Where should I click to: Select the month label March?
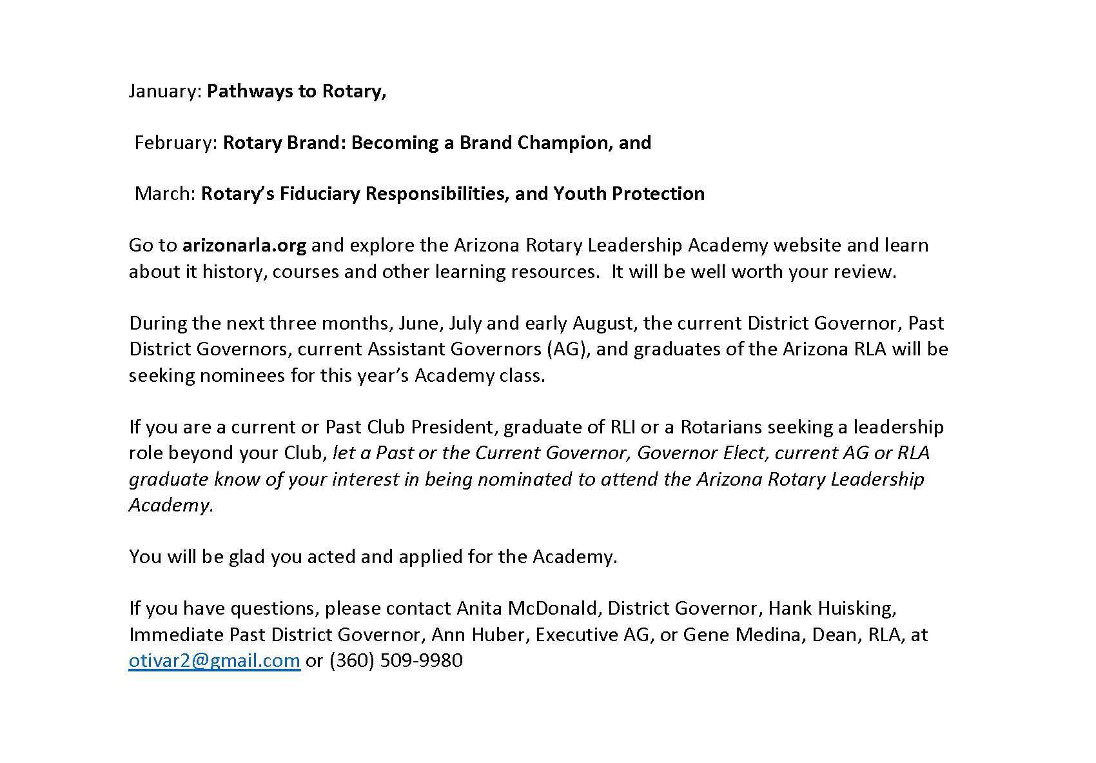[x=164, y=194]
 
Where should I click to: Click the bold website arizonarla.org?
[x=244, y=246]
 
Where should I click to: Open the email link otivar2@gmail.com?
[x=214, y=661]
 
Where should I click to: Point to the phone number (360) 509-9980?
[x=396, y=661]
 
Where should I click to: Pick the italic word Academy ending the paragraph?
[x=170, y=505]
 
